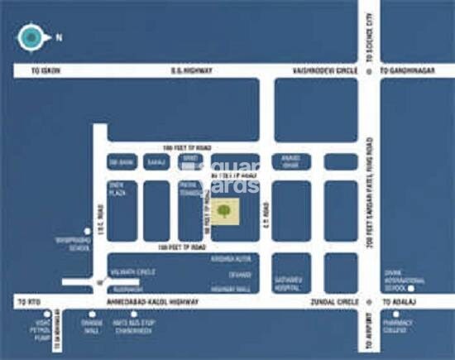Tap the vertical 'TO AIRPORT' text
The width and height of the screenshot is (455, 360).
[x=367, y=335]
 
